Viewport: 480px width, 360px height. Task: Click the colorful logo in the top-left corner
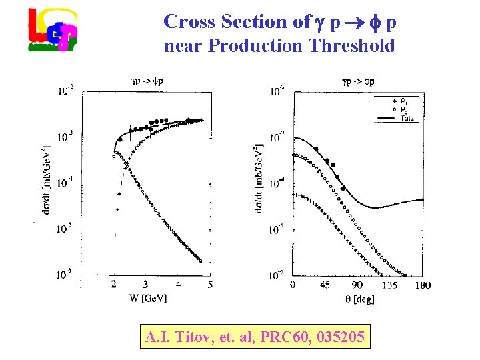coord(52,29)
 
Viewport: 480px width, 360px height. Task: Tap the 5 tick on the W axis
coord(211,285)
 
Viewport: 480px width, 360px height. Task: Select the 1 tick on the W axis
coord(81,285)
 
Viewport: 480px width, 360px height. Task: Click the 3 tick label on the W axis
coord(145,285)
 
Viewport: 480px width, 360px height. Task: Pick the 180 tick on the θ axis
coord(422,285)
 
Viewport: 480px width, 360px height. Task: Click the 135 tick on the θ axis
coord(390,285)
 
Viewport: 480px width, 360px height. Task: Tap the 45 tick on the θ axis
coord(325,285)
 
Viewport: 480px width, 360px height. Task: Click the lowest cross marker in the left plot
coord(115,235)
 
